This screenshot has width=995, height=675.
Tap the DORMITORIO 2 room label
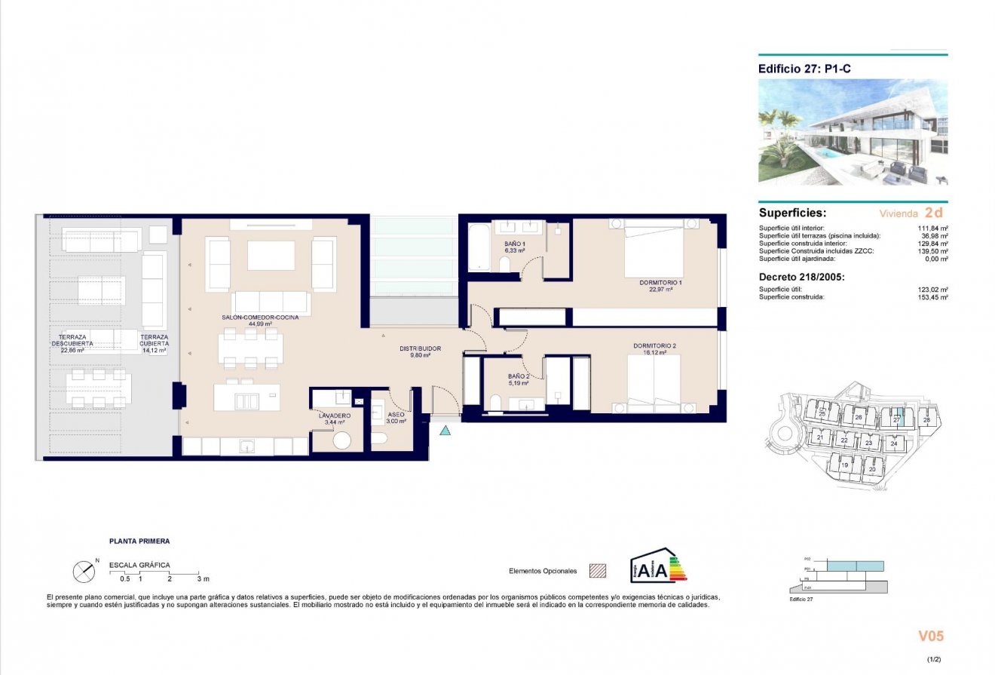click(654, 345)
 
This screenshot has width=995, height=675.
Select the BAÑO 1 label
click(515, 244)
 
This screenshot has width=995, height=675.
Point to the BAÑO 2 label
click(518, 376)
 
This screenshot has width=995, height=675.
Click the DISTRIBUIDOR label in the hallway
click(420, 348)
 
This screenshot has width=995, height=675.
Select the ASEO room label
click(396, 416)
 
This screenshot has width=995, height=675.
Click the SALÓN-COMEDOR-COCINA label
click(260, 318)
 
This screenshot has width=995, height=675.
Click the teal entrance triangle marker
click(445, 431)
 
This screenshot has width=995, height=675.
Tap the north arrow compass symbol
click(84, 571)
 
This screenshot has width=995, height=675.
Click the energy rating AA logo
click(657, 566)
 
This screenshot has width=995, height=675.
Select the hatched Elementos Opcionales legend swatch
click(598, 571)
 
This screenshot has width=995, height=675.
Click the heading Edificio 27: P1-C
click(804, 68)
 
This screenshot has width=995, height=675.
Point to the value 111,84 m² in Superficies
click(932, 228)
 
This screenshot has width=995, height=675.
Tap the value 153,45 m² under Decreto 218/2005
click(932, 297)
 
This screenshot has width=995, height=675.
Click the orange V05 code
click(930, 637)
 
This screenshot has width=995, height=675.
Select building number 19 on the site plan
click(845, 465)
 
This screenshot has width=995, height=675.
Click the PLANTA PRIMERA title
click(139, 541)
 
